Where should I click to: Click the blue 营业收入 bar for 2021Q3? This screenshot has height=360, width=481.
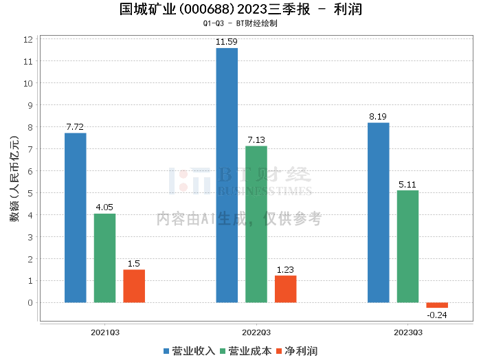coord(76,217)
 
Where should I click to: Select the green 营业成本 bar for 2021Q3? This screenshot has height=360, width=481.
coord(104,258)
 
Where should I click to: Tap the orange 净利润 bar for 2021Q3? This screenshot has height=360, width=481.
coord(134,286)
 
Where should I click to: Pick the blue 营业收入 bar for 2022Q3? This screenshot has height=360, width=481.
coord(227,175)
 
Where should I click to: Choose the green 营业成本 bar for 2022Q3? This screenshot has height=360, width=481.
coord(256,224)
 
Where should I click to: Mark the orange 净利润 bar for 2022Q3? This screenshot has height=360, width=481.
coord(286,289)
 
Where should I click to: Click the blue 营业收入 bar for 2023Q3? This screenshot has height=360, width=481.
coord(379,212)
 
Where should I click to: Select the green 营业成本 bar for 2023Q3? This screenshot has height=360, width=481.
coord(407,246)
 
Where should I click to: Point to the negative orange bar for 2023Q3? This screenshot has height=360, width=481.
coord(437,305)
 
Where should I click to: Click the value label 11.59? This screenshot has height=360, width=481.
coord(227,43)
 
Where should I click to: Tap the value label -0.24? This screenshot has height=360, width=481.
coord(437,315)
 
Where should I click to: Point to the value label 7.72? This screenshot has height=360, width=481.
coord(76,127)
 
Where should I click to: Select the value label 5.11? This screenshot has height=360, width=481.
coord(407,184)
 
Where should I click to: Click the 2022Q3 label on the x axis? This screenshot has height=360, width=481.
coord(256,332)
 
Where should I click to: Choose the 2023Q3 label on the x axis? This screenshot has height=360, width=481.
coord(407,332)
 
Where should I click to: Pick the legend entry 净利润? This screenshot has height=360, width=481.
coord(295,350)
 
